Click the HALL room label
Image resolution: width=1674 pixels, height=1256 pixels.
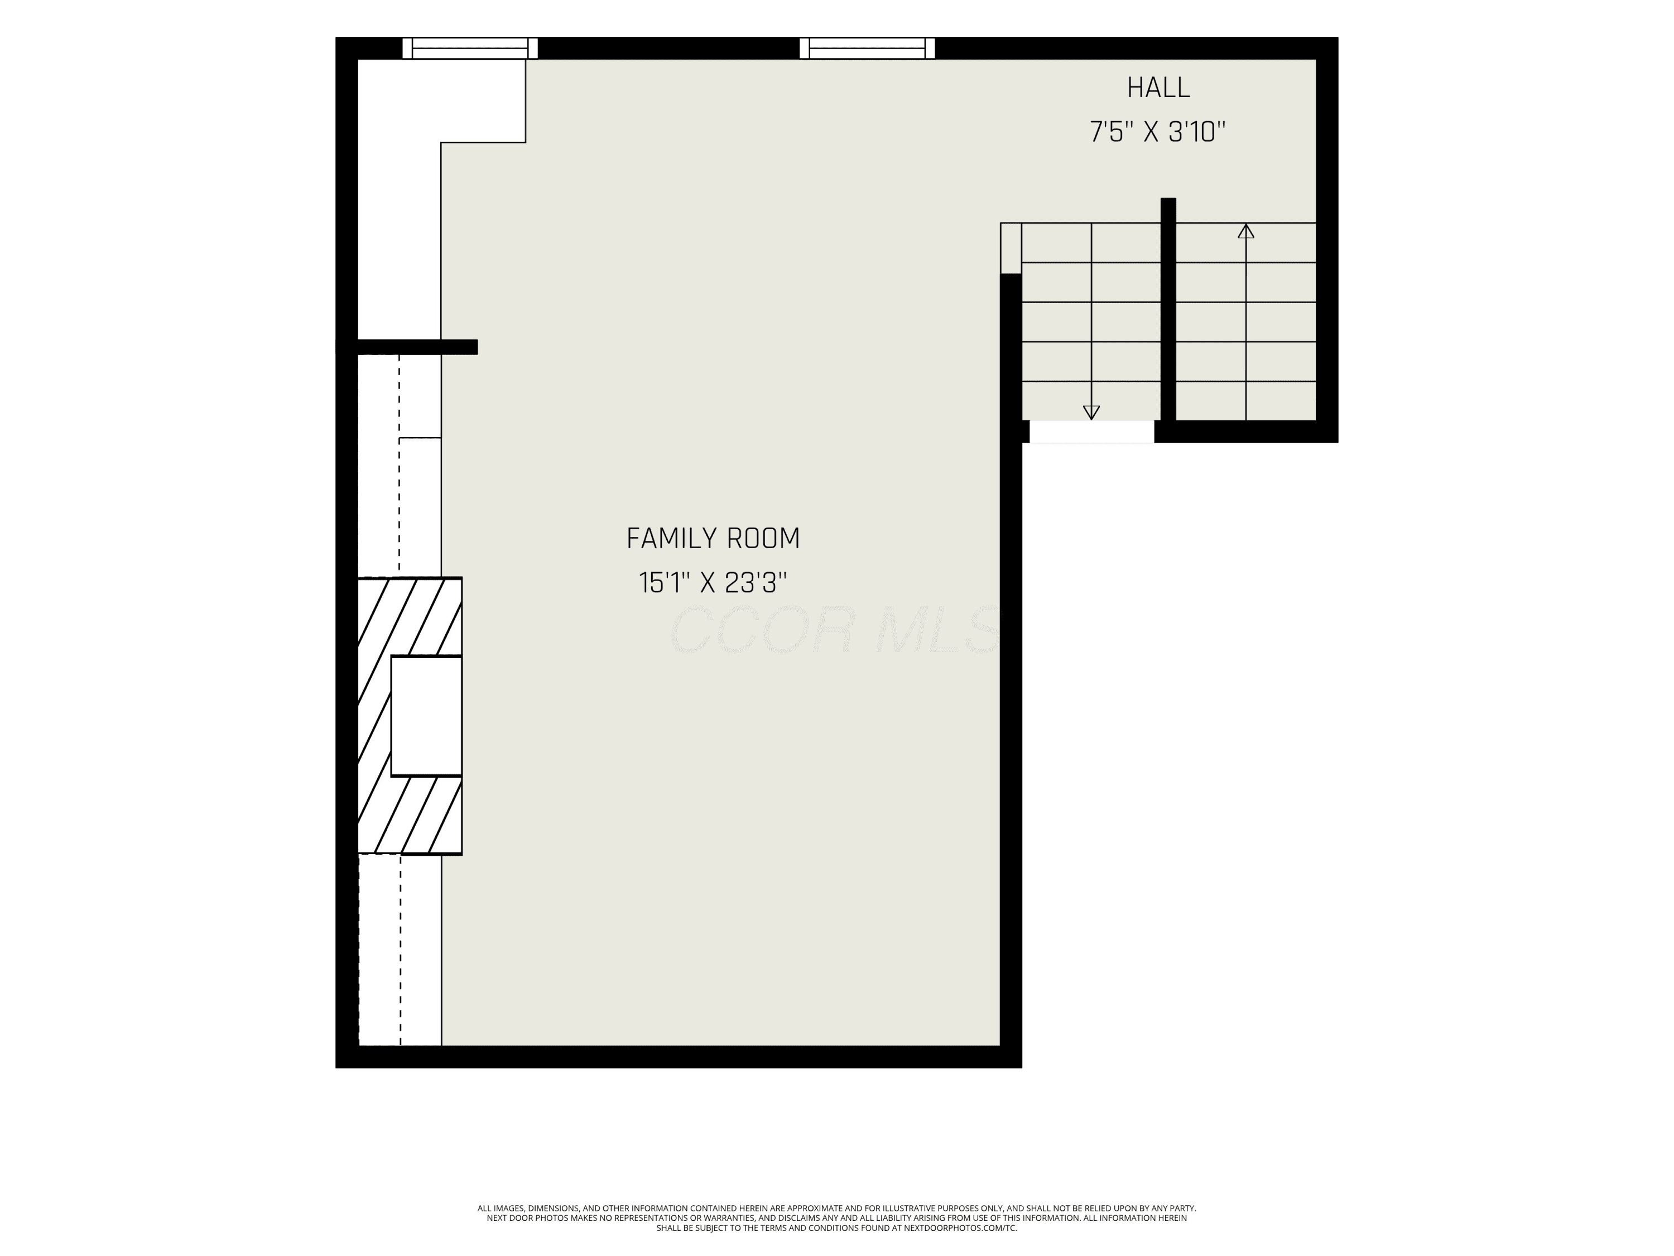1158,88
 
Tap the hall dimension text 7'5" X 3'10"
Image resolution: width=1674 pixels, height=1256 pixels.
1157,132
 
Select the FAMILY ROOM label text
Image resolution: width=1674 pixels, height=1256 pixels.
713,538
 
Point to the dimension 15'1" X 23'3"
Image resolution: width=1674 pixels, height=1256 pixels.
713,582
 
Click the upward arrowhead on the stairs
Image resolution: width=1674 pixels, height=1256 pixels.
1245,231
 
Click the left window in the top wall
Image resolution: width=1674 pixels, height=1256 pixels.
470,47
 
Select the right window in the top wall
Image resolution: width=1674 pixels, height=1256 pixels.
867,47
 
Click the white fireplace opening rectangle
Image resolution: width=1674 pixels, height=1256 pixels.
426,716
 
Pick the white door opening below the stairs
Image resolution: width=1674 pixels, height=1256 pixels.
1091,432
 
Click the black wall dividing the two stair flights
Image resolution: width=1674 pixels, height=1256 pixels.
1168,310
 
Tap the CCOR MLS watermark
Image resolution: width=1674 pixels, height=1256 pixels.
834,629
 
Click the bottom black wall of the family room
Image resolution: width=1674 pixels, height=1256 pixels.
679,1057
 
